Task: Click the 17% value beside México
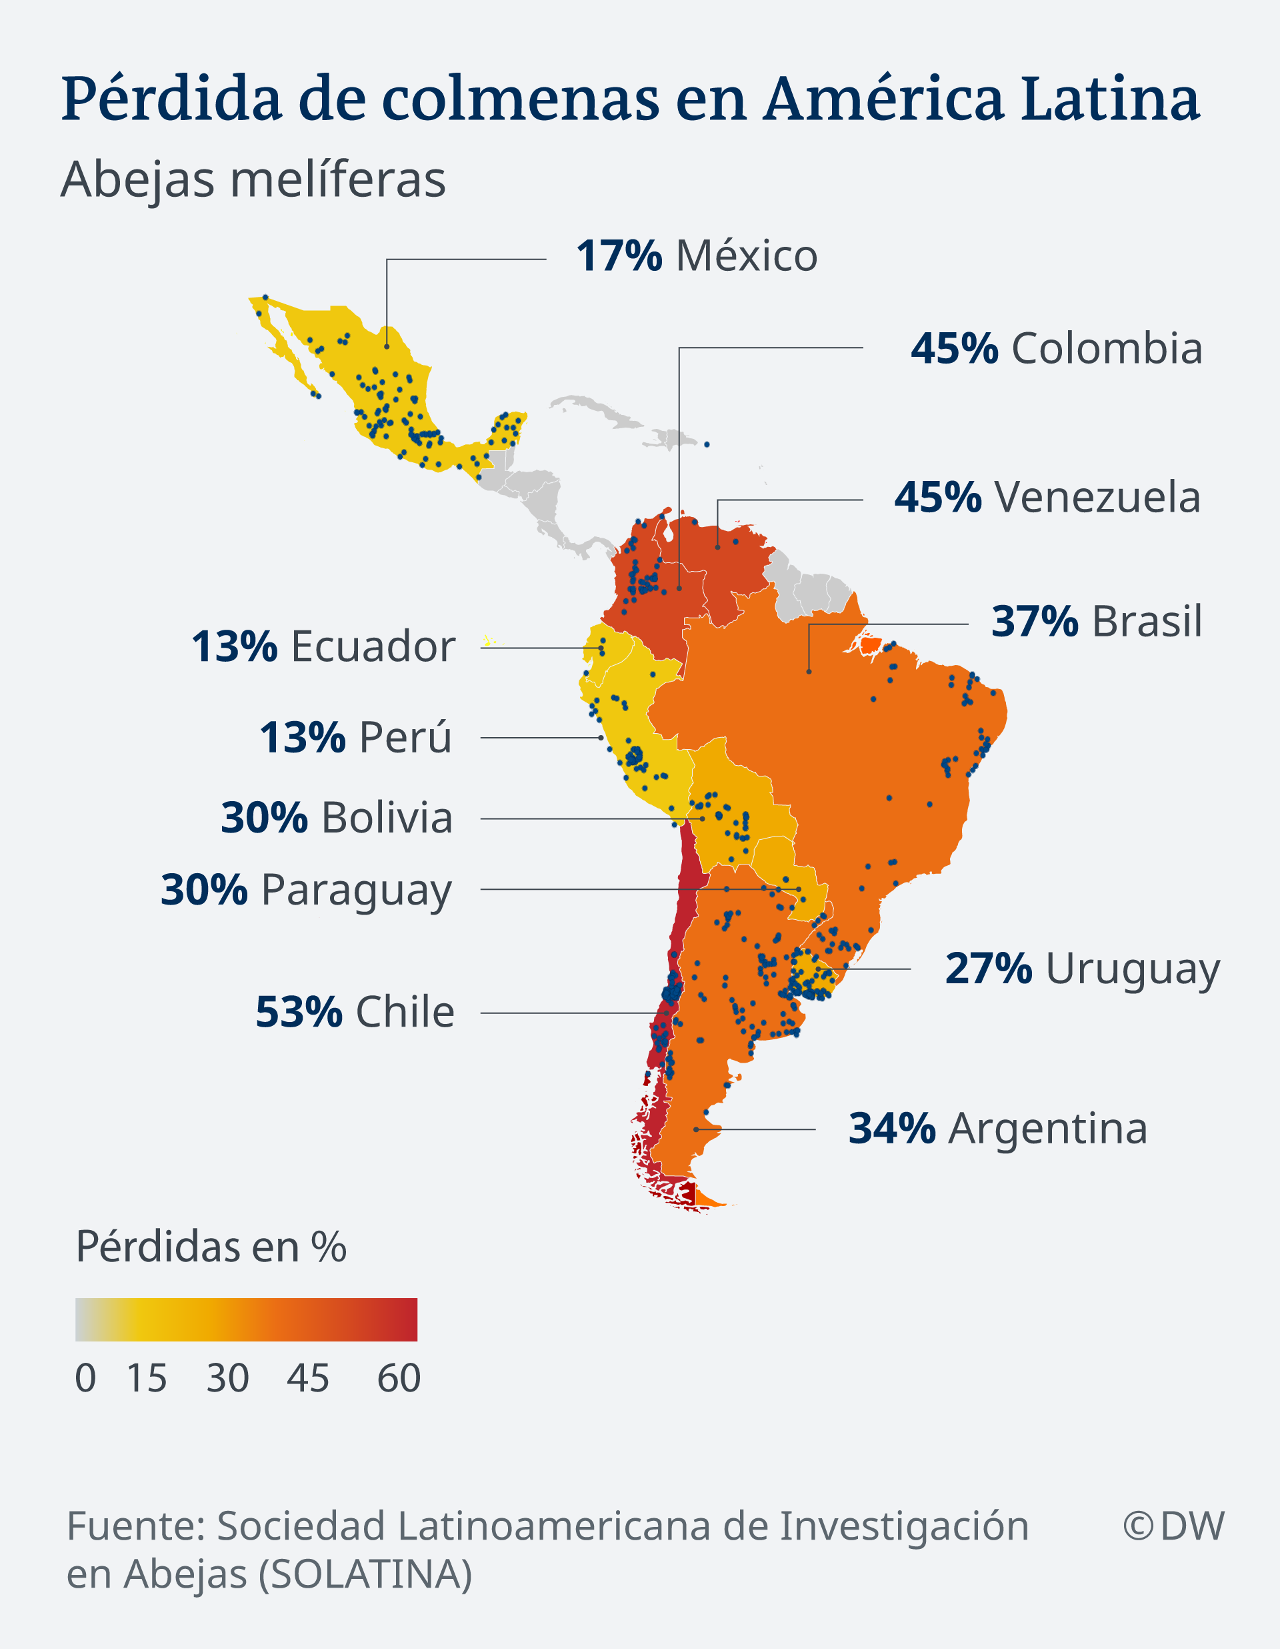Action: click(x=619, y=256)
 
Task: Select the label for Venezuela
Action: click(x=1097, y=498)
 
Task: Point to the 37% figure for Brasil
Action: click(x=1034, y=622)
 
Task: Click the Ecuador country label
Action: click(x=373, y=647)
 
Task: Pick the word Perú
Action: click(x=405, y=738)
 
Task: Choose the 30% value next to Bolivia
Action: click(x=264, y=818)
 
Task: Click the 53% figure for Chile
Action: click(x=299, y=1013)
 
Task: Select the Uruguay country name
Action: click(x=1132, y=969)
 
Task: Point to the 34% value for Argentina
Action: click(x=892, y=1129)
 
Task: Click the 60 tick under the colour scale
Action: click(x=399, y=1379)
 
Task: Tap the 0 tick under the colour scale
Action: click(x=85, y=1379)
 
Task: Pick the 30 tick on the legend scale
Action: click(x=227, y=1379)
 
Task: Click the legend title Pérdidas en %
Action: click(x=211, y=1247)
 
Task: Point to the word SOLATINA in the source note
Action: click(x=365, y=1575)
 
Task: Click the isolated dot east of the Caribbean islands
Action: click(x=707, y=445)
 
